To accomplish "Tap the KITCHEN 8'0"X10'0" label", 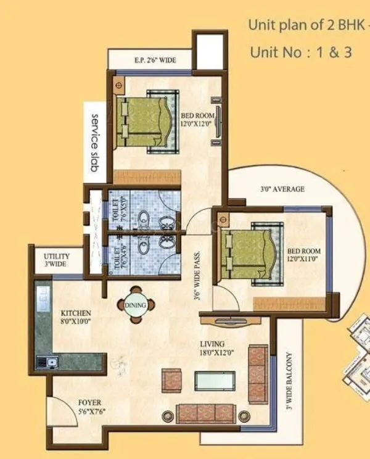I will [76, 317].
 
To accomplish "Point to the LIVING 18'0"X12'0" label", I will [216, 348].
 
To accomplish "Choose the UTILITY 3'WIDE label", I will [57, 260].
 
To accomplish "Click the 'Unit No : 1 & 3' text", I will [301, 52].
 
